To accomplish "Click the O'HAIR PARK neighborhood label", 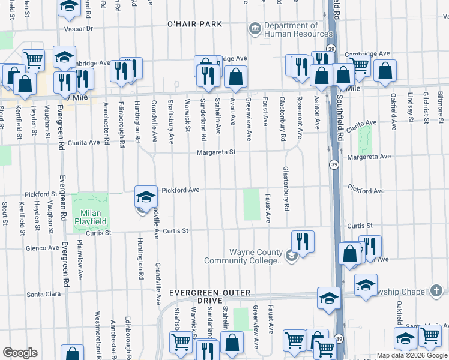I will click(194, 24).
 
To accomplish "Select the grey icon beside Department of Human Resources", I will click(255, 28).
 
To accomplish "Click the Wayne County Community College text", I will click(243, 256).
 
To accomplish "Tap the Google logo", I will click(20, 353).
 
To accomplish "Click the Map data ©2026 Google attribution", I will click(411, 355).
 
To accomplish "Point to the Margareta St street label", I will click(215, 152).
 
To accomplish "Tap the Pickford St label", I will click(41, 194).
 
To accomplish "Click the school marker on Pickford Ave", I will click(145, 196).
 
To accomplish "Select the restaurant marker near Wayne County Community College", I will click(303, 242).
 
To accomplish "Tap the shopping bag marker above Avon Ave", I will click(236, 76).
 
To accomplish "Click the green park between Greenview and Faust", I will click(252, 205).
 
